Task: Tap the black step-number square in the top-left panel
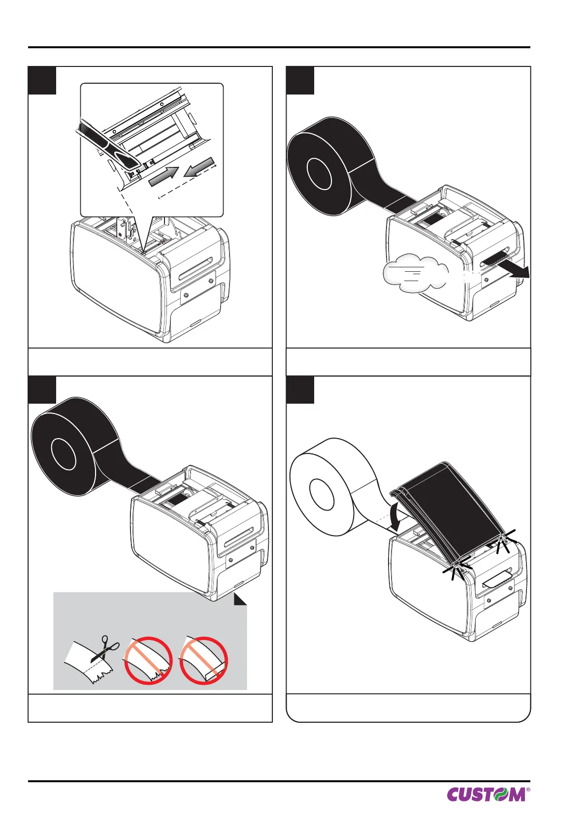coord(42,80)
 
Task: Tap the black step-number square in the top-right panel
coord(300,80)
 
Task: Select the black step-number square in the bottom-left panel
coord(42,390)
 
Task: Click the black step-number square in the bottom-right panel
coord(300,390)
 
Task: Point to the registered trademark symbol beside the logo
coord(528,789)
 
